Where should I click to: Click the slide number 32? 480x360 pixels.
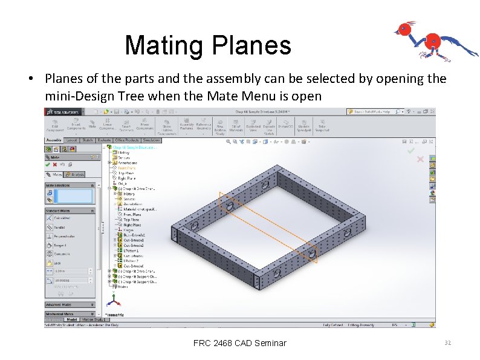click(447, 343)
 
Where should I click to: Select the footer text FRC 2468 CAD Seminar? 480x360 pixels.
click(239, 343)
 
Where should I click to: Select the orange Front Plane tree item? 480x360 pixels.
click(127, 168)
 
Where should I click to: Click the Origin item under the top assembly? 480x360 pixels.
click(122, 183)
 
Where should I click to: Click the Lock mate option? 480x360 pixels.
click(57, 263)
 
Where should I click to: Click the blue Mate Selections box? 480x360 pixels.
click(73, 196)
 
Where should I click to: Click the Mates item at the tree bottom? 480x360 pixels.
click(123, 286)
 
